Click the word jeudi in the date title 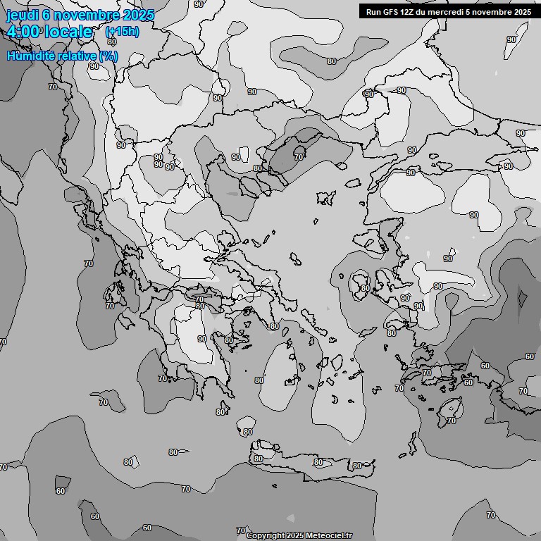(22, 15)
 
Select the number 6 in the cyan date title (46, 15)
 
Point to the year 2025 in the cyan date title (138, 15)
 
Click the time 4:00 (25, 32)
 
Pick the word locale (68, 32)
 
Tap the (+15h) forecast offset (122, 32)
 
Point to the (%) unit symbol (108, 56)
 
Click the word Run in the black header (373, 11)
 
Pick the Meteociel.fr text (328, 535)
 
